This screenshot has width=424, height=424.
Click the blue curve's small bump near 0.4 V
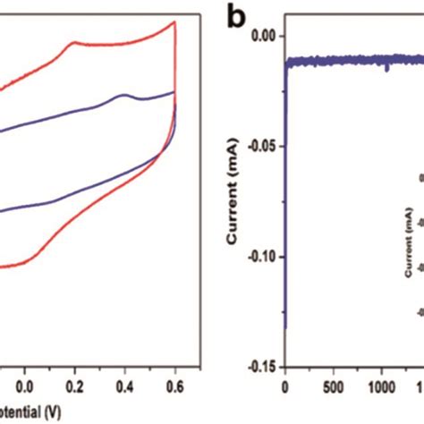[x=123, y=95]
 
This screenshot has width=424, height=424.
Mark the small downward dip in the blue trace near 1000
[x=386, y=69]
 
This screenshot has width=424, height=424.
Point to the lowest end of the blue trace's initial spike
[x=284, y=327]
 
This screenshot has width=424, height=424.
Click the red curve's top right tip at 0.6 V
[x=174, y=21]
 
